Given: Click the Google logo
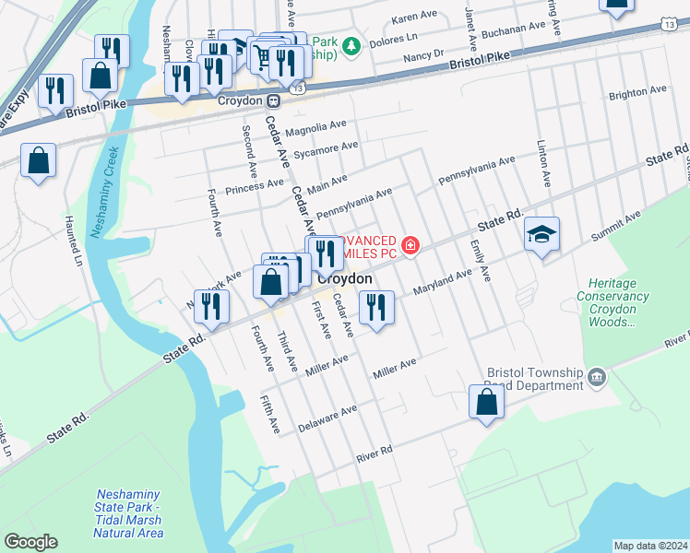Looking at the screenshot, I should tap(30, 542).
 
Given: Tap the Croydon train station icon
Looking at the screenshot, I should tap(274, 101).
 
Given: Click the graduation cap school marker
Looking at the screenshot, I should tap(541, 234).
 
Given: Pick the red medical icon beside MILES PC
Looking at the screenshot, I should tap(410, 246).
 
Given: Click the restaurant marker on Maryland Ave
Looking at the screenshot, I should tap(375, 307).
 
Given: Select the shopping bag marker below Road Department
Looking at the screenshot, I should tap(486, 403).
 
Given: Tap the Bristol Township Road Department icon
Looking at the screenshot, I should tap(597, 378).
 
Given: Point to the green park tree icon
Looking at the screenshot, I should tap(351, 43).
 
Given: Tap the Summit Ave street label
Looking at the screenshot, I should tap(616, 227).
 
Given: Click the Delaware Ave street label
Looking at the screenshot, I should tap(327, 419).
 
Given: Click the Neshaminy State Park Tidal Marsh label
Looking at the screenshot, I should tap(129, 514).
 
